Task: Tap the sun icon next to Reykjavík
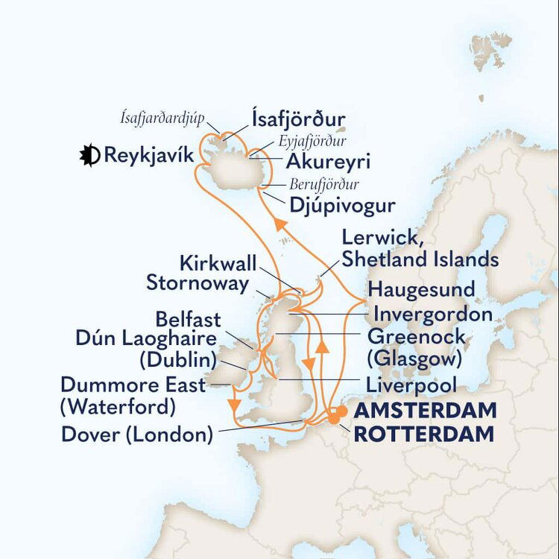pyautogui.click(x=90, y=156)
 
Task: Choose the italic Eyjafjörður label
pyautogui.click(x=312, y=141)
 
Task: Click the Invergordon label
pyautogui.click(x=433, y=314)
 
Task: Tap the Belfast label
pyautogui.click(x=188, y=320)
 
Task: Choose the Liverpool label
pyautogui.click(x=411, y=385)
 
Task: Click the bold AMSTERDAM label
pyautogui.click(x=424, y=411)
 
